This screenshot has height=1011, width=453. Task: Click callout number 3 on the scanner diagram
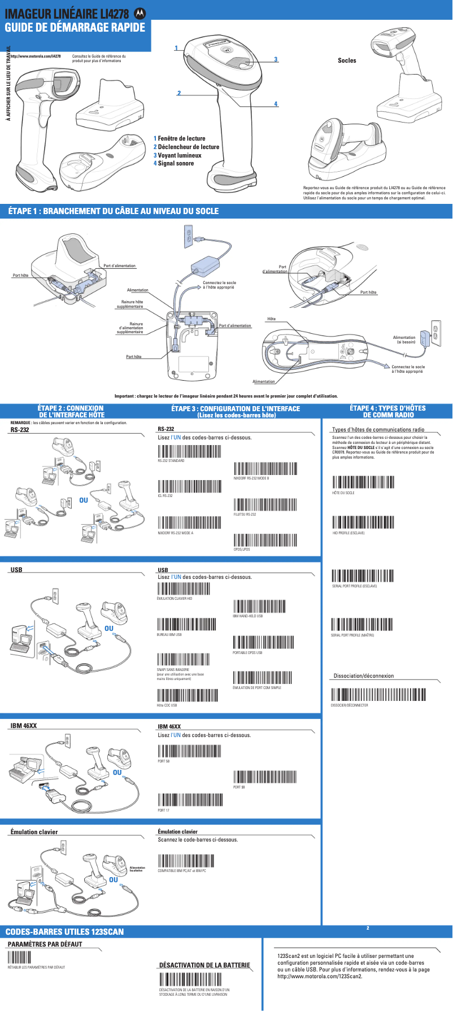click(x=276, y=59)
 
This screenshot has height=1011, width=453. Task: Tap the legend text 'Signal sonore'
click(x=175, y=163)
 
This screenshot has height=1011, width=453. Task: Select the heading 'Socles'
click(x=347, y=60)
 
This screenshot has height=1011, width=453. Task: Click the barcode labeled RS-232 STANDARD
click(x=189, y=451)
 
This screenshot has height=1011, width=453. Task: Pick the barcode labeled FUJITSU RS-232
click(x=265, y=504)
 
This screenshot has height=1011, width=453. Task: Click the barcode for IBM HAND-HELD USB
click(x=259, y=606)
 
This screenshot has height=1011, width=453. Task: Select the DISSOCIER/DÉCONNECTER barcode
click(x=378, y=694)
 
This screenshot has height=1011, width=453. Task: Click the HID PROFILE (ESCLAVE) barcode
click(x=363, y=522)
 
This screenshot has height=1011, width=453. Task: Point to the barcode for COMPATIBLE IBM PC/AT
click(x=186, y=861)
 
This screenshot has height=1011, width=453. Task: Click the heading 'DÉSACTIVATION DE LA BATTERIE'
click(x=204, y=965)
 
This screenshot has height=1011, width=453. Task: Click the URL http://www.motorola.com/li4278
click(x=37, y=56)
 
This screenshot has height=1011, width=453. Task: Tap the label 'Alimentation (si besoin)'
click(x=404, y=339)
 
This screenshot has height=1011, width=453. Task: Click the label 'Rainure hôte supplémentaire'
click(x=131, y=304)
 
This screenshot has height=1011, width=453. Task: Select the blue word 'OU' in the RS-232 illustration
click(x=84, y=500)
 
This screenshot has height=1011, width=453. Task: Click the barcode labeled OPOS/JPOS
click(x=265, y=540)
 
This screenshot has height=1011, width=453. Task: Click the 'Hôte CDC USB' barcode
click(x=187, y=695)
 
